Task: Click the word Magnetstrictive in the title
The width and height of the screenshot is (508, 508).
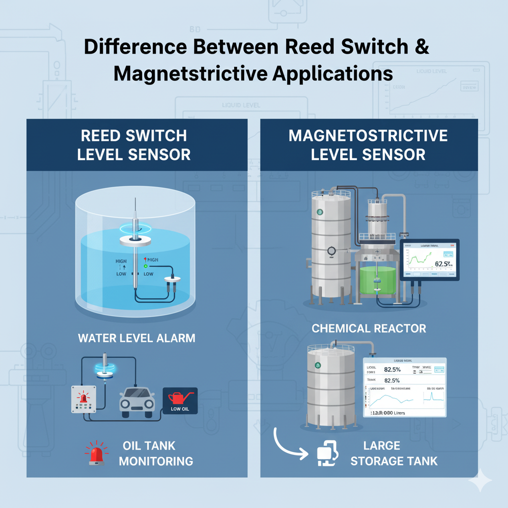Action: pyautogui.click(x=188, y=73)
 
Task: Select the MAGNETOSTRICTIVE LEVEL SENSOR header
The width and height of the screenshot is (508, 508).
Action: pyautogui.click(x=368, y=144)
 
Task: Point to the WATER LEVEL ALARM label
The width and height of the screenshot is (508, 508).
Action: pyautogui.click(x=136, y=338)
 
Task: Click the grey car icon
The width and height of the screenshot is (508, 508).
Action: pyautogui.click(x=137, y=399)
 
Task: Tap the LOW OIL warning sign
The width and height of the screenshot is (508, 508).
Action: pyautogui.click(x=180, y=400)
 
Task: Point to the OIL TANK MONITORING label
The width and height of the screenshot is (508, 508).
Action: pyautogui.click(x=156, y=453)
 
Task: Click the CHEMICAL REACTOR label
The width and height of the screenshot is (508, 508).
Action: pyautogui.click(x=369, y=328)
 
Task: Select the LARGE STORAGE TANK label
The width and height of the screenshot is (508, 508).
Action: pyautogui.click(x=394, y=453)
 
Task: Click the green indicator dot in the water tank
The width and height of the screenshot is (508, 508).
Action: pyautogui.click(x=146, y=266)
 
